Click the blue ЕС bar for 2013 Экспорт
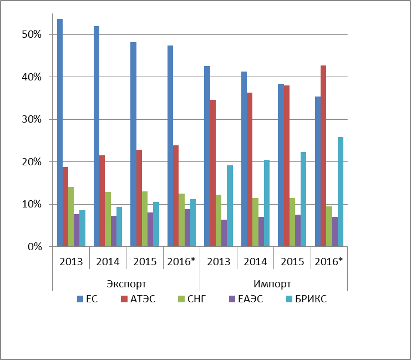coord(60,133)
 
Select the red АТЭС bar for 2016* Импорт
coord(323,156)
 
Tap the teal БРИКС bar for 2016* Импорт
coord(341,192)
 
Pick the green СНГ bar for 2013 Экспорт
coord(71,216)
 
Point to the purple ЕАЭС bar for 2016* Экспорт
coord(187,228)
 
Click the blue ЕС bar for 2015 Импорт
coord(281,165)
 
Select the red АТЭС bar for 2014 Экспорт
coord(102,201)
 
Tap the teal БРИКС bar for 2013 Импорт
coord(230,206)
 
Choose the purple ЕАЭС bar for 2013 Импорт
coord(224,233)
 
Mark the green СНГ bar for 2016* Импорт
coord(329,226)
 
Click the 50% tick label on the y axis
coord(32,34)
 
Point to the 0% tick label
coord(35,247)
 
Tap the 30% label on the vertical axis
coord(32,119)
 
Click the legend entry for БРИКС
coord(306,299)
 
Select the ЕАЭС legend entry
coord(246,299)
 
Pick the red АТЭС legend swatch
coord(124,299)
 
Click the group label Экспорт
coord(126,283)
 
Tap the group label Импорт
coord(272,283)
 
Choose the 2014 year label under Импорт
coord(255,261)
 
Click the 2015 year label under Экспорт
coord(145,261)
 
